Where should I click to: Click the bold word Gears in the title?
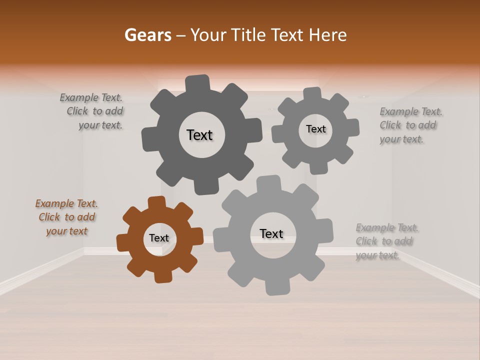[147, 35]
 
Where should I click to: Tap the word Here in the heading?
[327, 35]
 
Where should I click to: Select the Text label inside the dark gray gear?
[199, 135]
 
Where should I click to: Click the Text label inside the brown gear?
[159, 238]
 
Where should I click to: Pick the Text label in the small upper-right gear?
[315, 129]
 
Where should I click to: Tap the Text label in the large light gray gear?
[271, 233]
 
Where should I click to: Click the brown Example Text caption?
[66, 217]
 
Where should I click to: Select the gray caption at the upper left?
[92, 111]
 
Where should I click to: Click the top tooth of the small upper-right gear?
[312, 94]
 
